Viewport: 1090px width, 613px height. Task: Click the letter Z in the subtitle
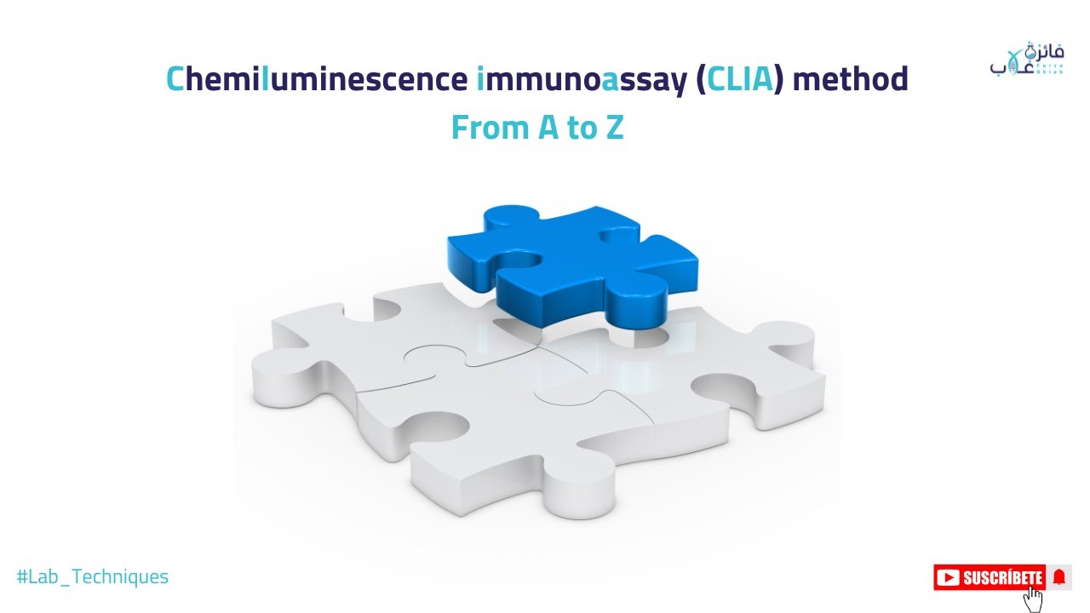coord(615,128)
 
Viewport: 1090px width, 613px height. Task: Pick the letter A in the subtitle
coord(548,128)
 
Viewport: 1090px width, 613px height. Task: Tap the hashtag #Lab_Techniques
coord(93,576)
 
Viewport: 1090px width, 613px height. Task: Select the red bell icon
coord(1059,578)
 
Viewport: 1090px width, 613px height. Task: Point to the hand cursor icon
coord(1033,598)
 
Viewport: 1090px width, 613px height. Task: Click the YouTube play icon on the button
coord(947,578)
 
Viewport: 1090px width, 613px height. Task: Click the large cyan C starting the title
coord(175,79)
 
